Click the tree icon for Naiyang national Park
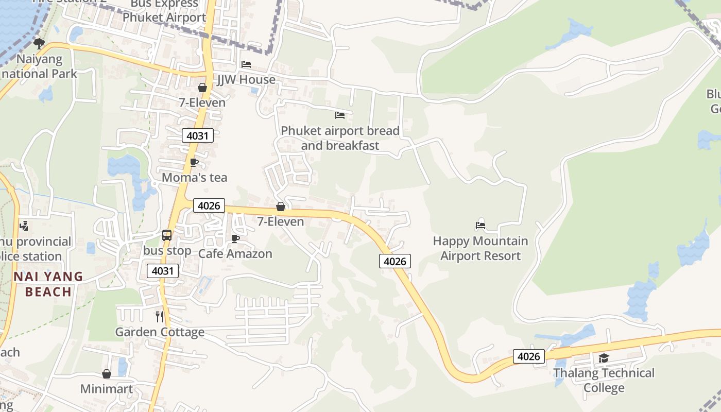[39, 43]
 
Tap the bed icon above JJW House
[246, 64]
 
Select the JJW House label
[246, 80]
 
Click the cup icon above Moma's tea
[194, 163]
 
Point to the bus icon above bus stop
[167, 235]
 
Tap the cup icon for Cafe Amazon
[235, 238]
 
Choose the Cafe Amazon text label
[235, 254]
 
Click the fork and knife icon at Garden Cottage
[160, 316]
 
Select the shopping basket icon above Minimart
[107, 374]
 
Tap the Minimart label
[107, 389]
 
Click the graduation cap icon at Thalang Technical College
[604, 358]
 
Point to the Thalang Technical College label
[604, 380]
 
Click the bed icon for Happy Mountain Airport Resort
[480, 225]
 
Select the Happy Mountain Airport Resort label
[480, 248]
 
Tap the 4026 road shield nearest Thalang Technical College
[528, 356]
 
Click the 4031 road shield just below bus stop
[163, 271]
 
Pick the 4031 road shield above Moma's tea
[198, 136]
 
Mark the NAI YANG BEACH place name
[48, 284]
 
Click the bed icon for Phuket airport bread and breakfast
[340, 115]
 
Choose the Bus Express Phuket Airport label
[164, 11]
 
